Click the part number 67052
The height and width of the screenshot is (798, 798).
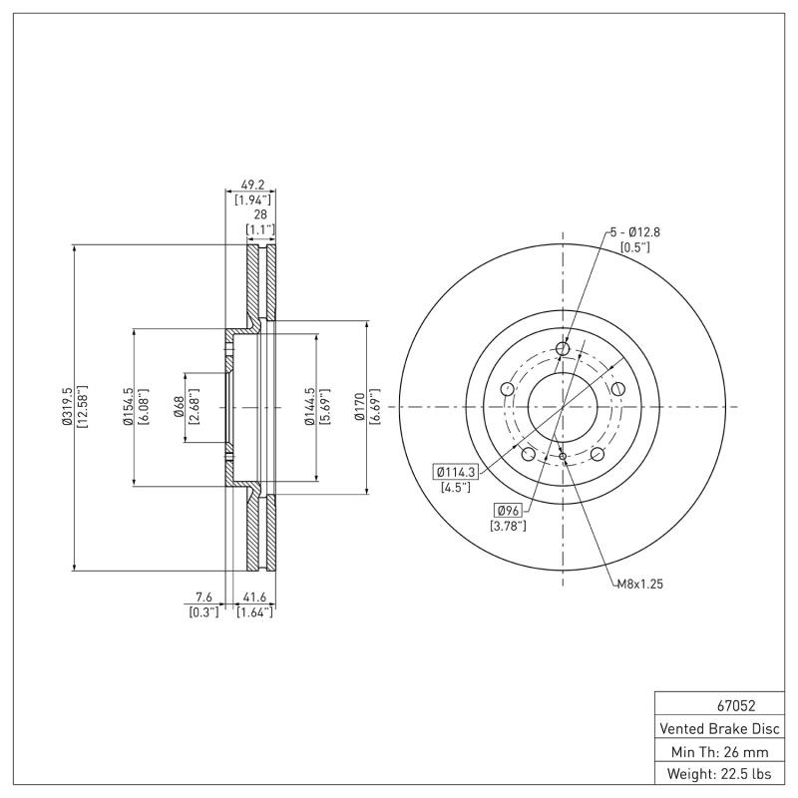coord(721,705)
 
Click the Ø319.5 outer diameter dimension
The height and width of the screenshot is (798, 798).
coord(67,407)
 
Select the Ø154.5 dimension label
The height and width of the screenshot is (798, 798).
coord(129,407)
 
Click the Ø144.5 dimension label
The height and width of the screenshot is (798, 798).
coord(310,407)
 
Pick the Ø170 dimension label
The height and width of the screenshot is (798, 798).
coord(360,407)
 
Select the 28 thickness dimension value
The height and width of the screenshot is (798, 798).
coord(260,213)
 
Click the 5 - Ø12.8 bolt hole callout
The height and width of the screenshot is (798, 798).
coord(635,231)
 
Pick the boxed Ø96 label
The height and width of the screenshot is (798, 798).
coord(508,510)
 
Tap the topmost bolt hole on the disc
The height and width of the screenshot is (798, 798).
coord(562,349)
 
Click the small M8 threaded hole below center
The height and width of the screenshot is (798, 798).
coord(564,457)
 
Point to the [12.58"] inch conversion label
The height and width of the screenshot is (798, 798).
coord(82,407)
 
